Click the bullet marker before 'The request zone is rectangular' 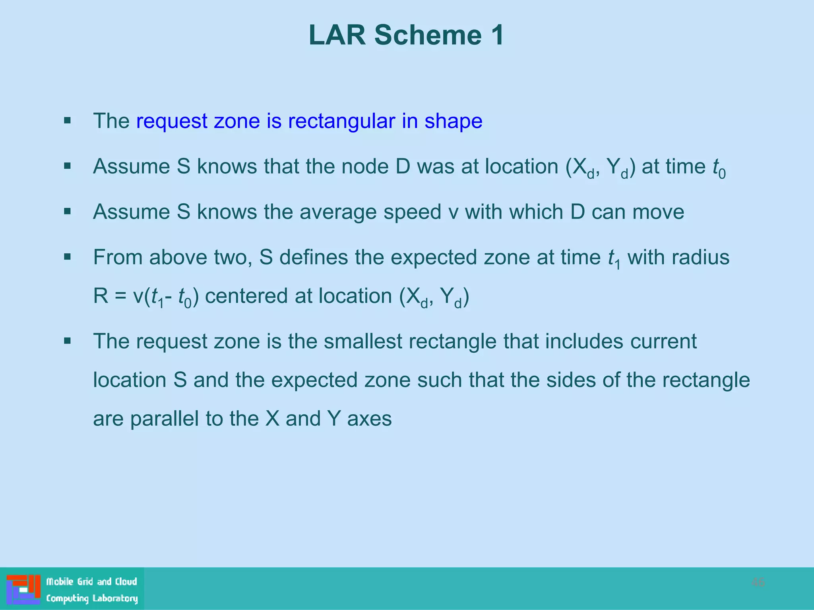pyautogui.click(x=68, y=120)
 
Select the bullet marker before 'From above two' pyautogui.click(x=68, y=257)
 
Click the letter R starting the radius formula pyautogui.click(x=101, y=296)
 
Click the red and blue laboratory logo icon pyautogui.click(x=23, y=589)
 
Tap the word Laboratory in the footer pyautogui.click(x=115, y=598)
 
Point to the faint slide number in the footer pyautogui.click(x=758, y=583)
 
